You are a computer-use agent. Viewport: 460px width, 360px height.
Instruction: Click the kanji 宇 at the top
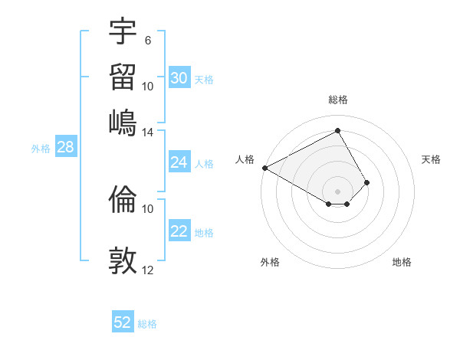click(123, 31)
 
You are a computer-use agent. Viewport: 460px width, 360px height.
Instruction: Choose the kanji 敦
click(123, 260)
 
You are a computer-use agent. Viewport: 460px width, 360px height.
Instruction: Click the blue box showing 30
click(179, 77)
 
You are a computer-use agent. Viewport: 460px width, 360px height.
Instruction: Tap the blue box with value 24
click(179, 162)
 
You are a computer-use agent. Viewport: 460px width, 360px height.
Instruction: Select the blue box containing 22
click(179, 231)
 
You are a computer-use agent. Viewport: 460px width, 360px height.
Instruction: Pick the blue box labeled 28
click(65, 148)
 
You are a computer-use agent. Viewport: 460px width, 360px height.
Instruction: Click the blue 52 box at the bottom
click(123, 322)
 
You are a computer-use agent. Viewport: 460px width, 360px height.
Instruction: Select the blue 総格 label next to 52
click(147, 324)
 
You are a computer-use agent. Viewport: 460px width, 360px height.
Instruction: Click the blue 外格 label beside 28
click(40, 149)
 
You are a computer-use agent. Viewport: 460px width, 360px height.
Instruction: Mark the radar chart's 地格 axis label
click(402, 262)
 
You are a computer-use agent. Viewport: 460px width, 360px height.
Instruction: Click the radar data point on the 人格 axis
click(264, 168)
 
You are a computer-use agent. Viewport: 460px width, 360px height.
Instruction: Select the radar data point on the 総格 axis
click(337, 130)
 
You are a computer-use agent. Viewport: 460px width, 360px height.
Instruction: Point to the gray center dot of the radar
click(337, 191)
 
